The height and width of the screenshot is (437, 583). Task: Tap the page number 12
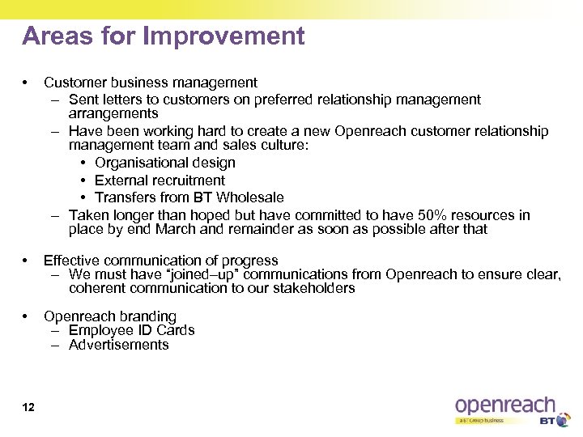click(x=28, y=407)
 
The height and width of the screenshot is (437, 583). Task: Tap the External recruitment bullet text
click(x=160, y=180)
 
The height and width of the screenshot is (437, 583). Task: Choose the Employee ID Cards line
click(x=131, y=330)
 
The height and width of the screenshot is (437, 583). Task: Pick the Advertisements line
click(x=118, y=345)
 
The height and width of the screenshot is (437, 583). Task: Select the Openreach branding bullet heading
click(x=109, y=316)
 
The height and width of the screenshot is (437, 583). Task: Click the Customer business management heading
click(x=151, y=82)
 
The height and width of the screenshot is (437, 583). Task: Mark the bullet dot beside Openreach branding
click(x=27, y=316)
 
